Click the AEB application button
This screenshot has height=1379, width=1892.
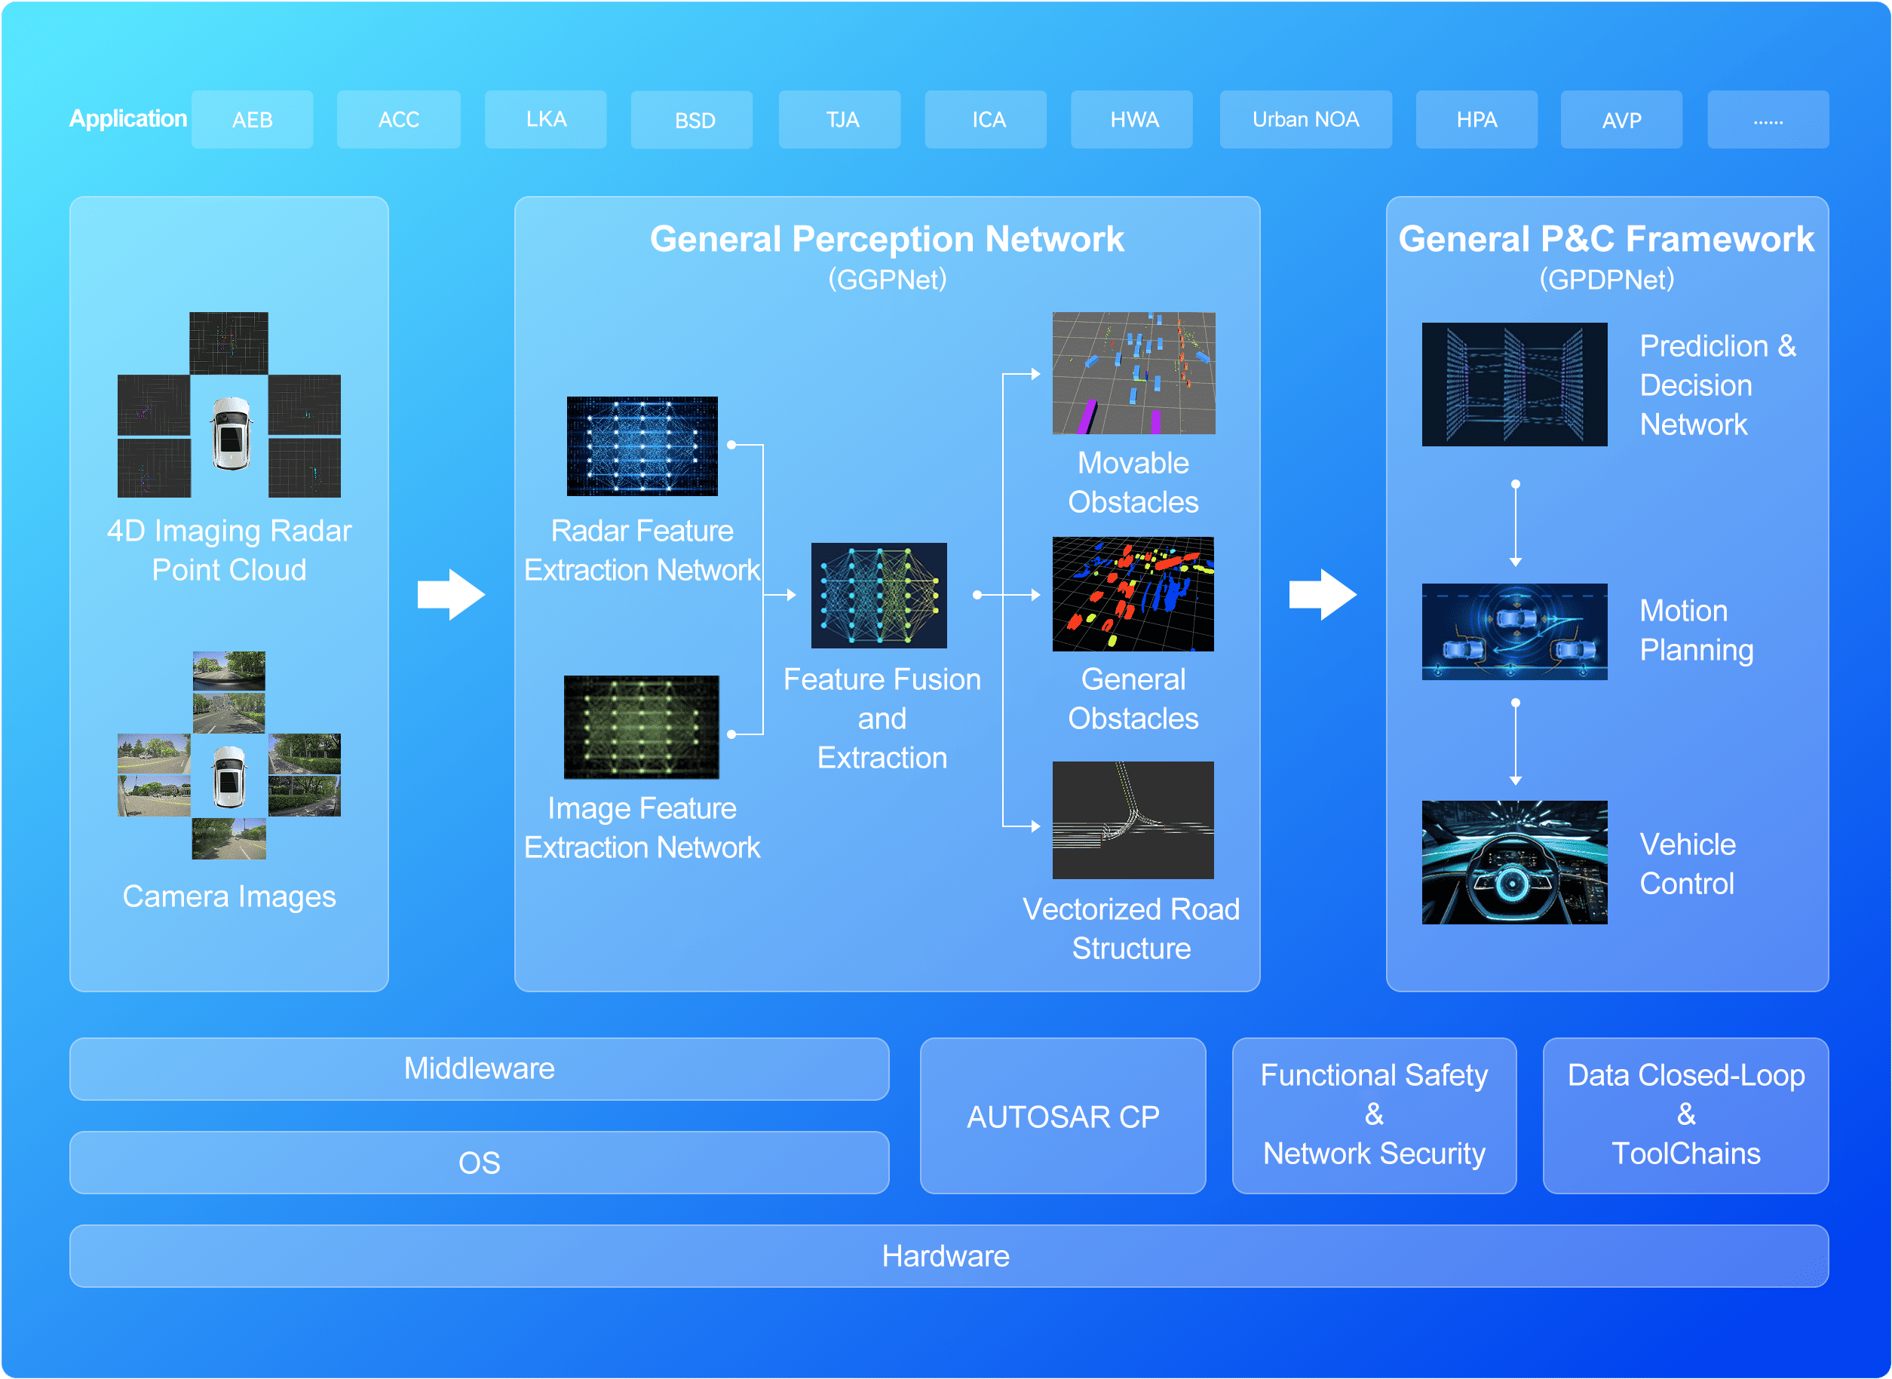pyautogui.click(x=252, y=119)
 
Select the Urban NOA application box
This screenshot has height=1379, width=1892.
pyautogui.click(x=1305, y=119)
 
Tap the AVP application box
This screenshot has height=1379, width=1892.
pyautogui.click(x=1621, y=119)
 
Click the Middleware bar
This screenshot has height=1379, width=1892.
pyautogui.click(x=480, y=1068)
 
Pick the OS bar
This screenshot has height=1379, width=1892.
pyautogui.click(x=480, y=1162)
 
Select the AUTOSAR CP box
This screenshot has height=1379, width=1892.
pyautogui.click(x=1063, y=1115)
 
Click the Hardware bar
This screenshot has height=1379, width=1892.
pyautogui.click(x=949, y=1255)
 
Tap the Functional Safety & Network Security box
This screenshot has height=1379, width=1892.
pyautogui.click(x=1375, y=1115)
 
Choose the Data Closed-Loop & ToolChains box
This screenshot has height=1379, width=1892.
pyautogui.click(x=1686, y=1115)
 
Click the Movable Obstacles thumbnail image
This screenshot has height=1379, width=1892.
pyautogui.click(x=1133, y=373)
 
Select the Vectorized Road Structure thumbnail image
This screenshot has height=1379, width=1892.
pyautogui.click(x=1133, y=820)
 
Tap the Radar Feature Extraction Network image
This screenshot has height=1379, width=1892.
pyautogui.click(x=642, y=446)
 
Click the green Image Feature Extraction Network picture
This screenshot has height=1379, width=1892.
pyautogui.click(x=641, y=727)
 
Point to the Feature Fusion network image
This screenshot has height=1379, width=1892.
pyautogui.click(x=879, y=595)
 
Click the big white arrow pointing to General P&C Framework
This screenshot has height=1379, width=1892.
pyautogui.click(x=1323, y=594)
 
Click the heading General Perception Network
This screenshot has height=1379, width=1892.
pyautogui.click(x=887, y=240)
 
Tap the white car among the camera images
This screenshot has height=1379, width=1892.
pyautogui.click(x=228, y=777)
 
